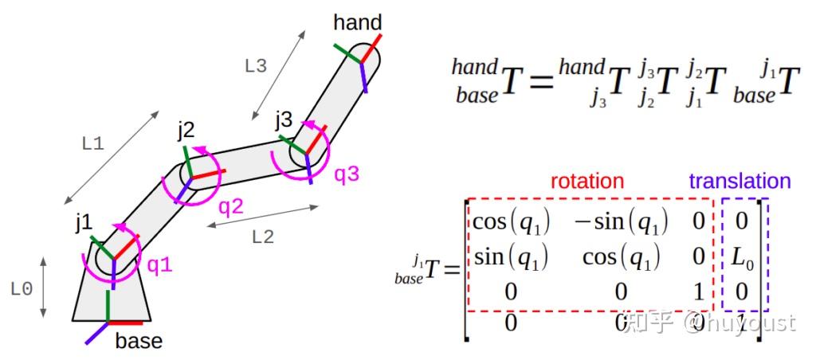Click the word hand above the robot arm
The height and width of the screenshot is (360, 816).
click(357, 22)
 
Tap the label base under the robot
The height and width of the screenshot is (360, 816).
click(139, 342)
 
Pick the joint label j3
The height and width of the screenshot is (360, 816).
click(284, 120)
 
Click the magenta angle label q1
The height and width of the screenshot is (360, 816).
click(160, 264)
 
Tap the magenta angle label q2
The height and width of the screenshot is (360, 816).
click(231, 207)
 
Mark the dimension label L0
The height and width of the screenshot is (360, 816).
click(22, 289)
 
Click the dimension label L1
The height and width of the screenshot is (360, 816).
click(93, 144)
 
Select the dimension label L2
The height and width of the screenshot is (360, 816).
click(263, 237)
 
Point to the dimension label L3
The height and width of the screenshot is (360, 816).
click(256, 67)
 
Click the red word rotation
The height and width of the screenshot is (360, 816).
click(587, 181)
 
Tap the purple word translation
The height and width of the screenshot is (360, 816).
click(739, 181)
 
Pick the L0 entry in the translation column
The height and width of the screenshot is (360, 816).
click(743, 256)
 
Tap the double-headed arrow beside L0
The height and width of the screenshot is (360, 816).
click(44, 288)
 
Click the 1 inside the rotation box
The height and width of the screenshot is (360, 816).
click(698, 292)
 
